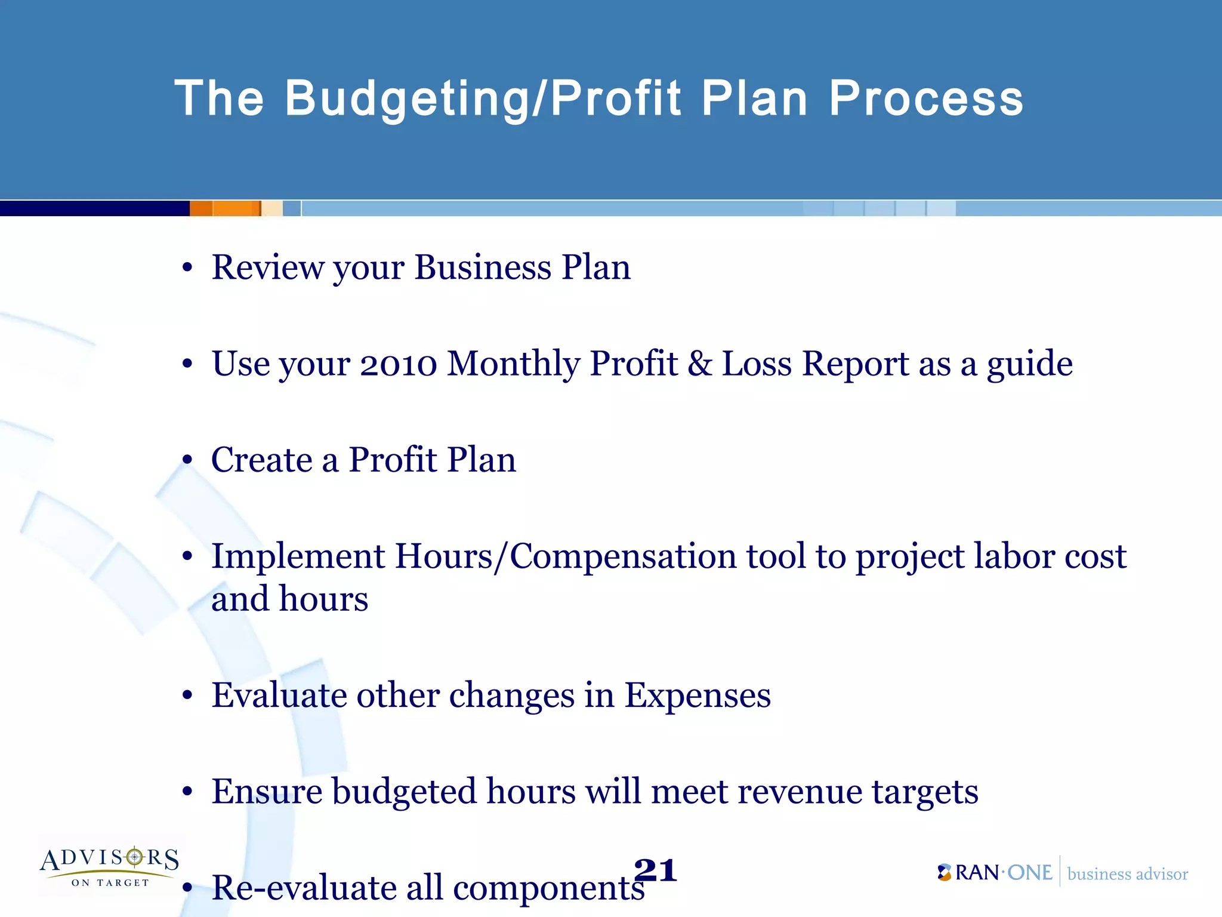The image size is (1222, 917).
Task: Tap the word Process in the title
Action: pos(926,99)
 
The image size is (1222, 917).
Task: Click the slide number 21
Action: pos(655,870)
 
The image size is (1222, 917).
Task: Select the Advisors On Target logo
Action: pos(110,866)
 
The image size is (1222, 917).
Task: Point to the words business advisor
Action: pos(1127,874)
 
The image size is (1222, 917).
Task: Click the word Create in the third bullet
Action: pos(261,460)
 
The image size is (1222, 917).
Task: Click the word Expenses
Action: pos(697,695)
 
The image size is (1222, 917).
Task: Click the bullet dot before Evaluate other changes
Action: pos(187,696)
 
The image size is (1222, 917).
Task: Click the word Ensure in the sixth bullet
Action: pos(266,792)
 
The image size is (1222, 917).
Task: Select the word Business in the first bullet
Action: pos(483,267)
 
